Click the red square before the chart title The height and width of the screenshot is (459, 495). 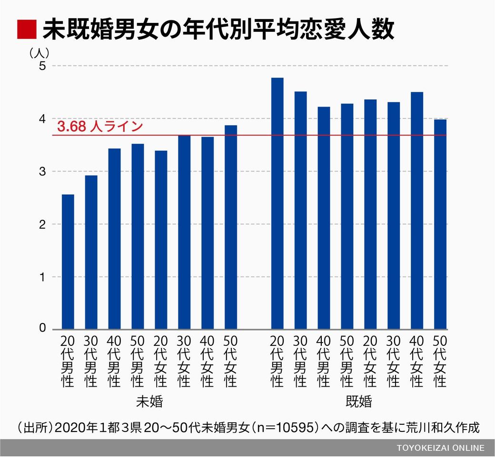click(x=26, y=29)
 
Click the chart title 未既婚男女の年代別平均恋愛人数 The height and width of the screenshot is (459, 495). click(x=218, y=29)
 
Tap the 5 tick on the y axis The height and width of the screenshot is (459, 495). click(x=42, y=66)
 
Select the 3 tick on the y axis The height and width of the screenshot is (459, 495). click(x=42, y=171)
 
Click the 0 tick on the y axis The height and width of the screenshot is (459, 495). click(x=42, y=329)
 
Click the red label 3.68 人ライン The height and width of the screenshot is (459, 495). click(x=99, y=127)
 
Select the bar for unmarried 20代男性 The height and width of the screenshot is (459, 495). click(x=68, y=262)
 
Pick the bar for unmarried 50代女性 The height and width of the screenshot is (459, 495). click(x=231, y=227)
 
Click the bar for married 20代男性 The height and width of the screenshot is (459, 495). click(x=277, y=204)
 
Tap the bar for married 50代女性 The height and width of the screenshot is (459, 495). click(x=440, y=224)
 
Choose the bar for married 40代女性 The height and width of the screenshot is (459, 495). click(x=417, y=211)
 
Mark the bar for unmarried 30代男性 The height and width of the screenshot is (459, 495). click(x=91, y=252)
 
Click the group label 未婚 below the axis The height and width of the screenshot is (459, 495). click(x=149, y=402)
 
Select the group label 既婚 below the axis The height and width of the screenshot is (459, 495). click(x=359, y=402)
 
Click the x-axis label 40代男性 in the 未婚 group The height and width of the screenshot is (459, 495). click(x=114, y=361)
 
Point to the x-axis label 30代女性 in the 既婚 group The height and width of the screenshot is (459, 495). click(x=394, y=361)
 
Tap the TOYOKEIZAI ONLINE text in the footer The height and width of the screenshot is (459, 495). click(x=440, y=448)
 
